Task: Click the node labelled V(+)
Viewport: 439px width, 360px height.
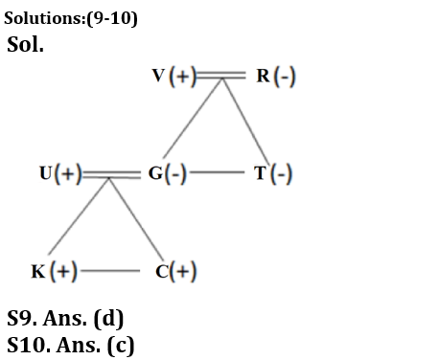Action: click(174, 78)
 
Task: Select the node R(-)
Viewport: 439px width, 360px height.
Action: click(273, 78)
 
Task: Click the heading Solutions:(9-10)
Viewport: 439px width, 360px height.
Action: click(70, 17)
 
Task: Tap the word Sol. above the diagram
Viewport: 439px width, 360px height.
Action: click(25, 44)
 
